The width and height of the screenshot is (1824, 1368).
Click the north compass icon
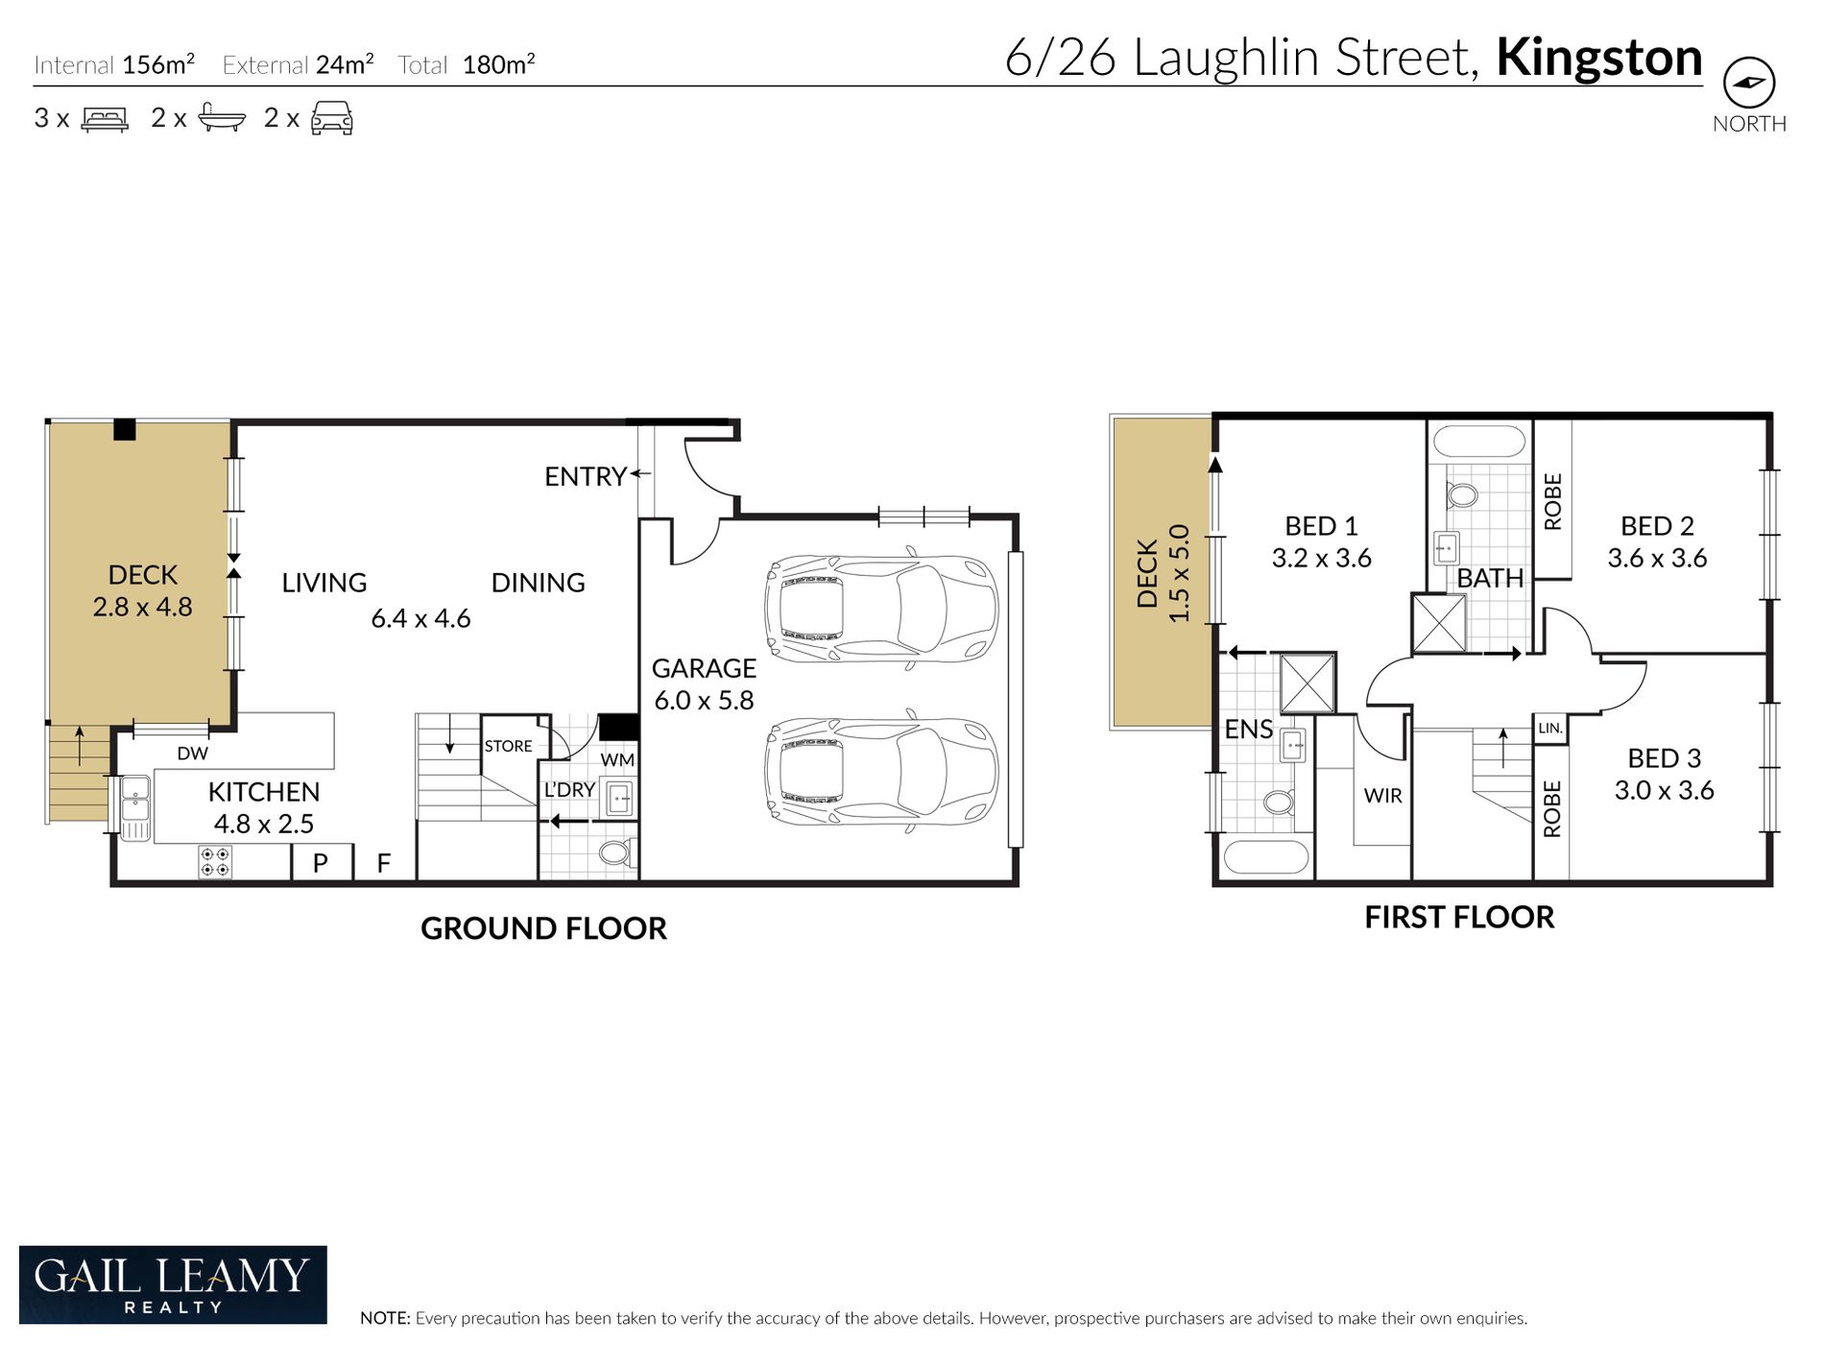pyautogui.click(x=1749, y=82)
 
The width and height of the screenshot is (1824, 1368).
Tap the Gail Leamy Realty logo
pyautogui.click(x=173, y=1284)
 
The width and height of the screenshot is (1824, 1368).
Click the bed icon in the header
pyautogui.click(x=105, y=119)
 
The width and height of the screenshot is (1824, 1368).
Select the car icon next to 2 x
pyautogui.click(x=332, y=118)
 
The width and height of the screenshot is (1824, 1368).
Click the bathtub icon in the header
pyautogui.click(x=222, y=117)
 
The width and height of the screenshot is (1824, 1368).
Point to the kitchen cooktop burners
pyautogui.click(x=215, y=862)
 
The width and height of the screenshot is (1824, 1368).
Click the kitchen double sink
pyautogui.click(x=135, y=807)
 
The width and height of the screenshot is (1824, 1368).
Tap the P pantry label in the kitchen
pyautogui.click(x=321, y=863)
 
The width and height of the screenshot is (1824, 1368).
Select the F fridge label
pyautogui.click(x=384, y=863)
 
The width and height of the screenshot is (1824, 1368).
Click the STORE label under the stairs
pyautogui.click(x=508, y=746)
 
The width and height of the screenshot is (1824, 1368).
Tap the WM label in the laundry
pyautogui.click(x=617, y=760)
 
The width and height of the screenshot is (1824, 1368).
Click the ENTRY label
pyautogui.click(x=586, y=476)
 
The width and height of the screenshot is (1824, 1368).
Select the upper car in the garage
pyautogui.click(x=881, y=609)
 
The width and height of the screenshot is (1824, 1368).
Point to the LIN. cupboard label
pyautogui.click(x=1550, y=729)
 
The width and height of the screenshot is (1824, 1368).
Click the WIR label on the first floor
pyautogui.click(x=1382, y=796)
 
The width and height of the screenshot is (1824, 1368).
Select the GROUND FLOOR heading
pyautogui.click(x=543, y=928)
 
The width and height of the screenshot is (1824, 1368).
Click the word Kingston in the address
pyautogui.click(x=1599, y=58)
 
